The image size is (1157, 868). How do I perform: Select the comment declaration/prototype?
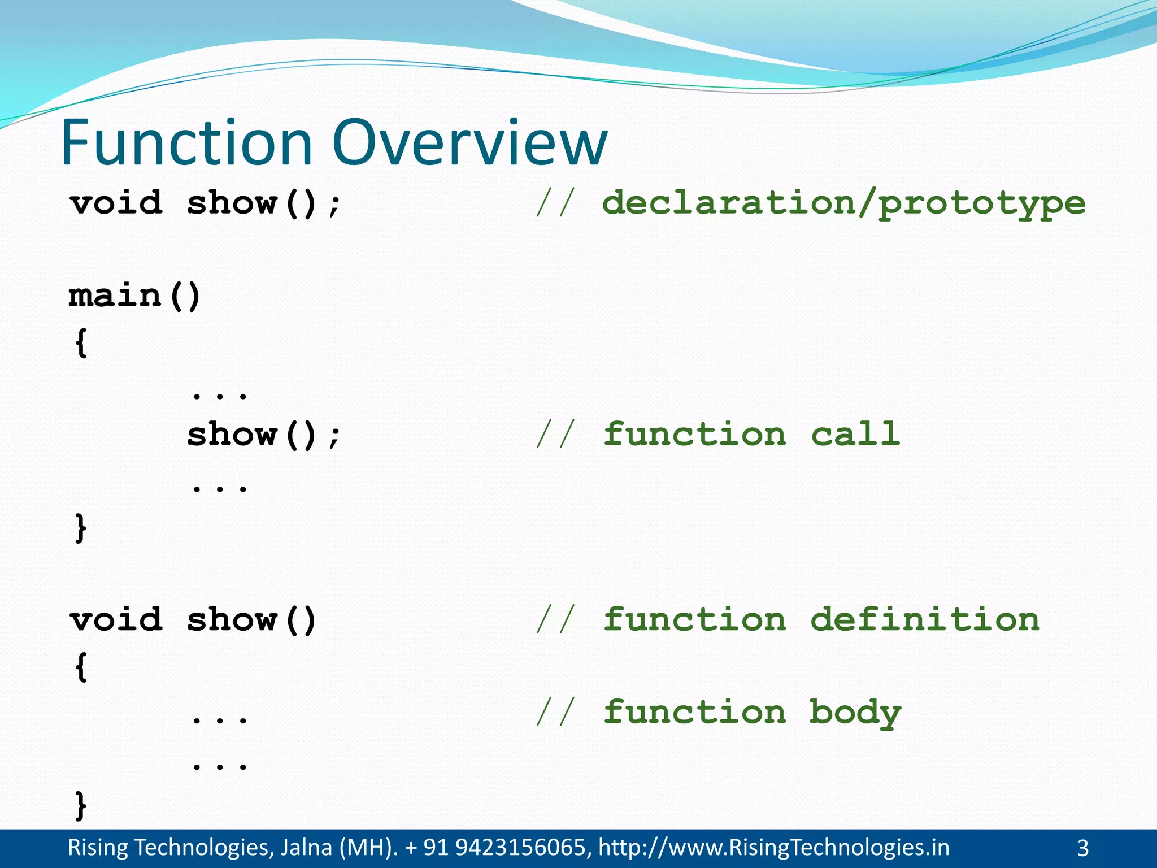[x=843, y=203]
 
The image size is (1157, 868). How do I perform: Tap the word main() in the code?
[x=134, y=296]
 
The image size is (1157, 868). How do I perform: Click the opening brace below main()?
[x=81, y=342]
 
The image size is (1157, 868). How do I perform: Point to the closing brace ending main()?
[x=81, y=528]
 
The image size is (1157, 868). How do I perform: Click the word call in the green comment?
[x=855, y=434]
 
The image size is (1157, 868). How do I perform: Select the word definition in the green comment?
[x=925, y=619]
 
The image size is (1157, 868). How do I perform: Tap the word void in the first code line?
[x=116, y=203]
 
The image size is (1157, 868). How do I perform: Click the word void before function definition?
[x=116, y=619]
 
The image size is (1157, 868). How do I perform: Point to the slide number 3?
[x=1082, y=848]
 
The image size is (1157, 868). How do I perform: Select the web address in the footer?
[x=773, y=848]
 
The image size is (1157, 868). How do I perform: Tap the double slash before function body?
[x=555, y=712]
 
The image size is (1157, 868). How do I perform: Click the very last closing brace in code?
[x=81, y=805]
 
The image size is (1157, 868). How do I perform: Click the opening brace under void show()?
[x=81, y=667]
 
